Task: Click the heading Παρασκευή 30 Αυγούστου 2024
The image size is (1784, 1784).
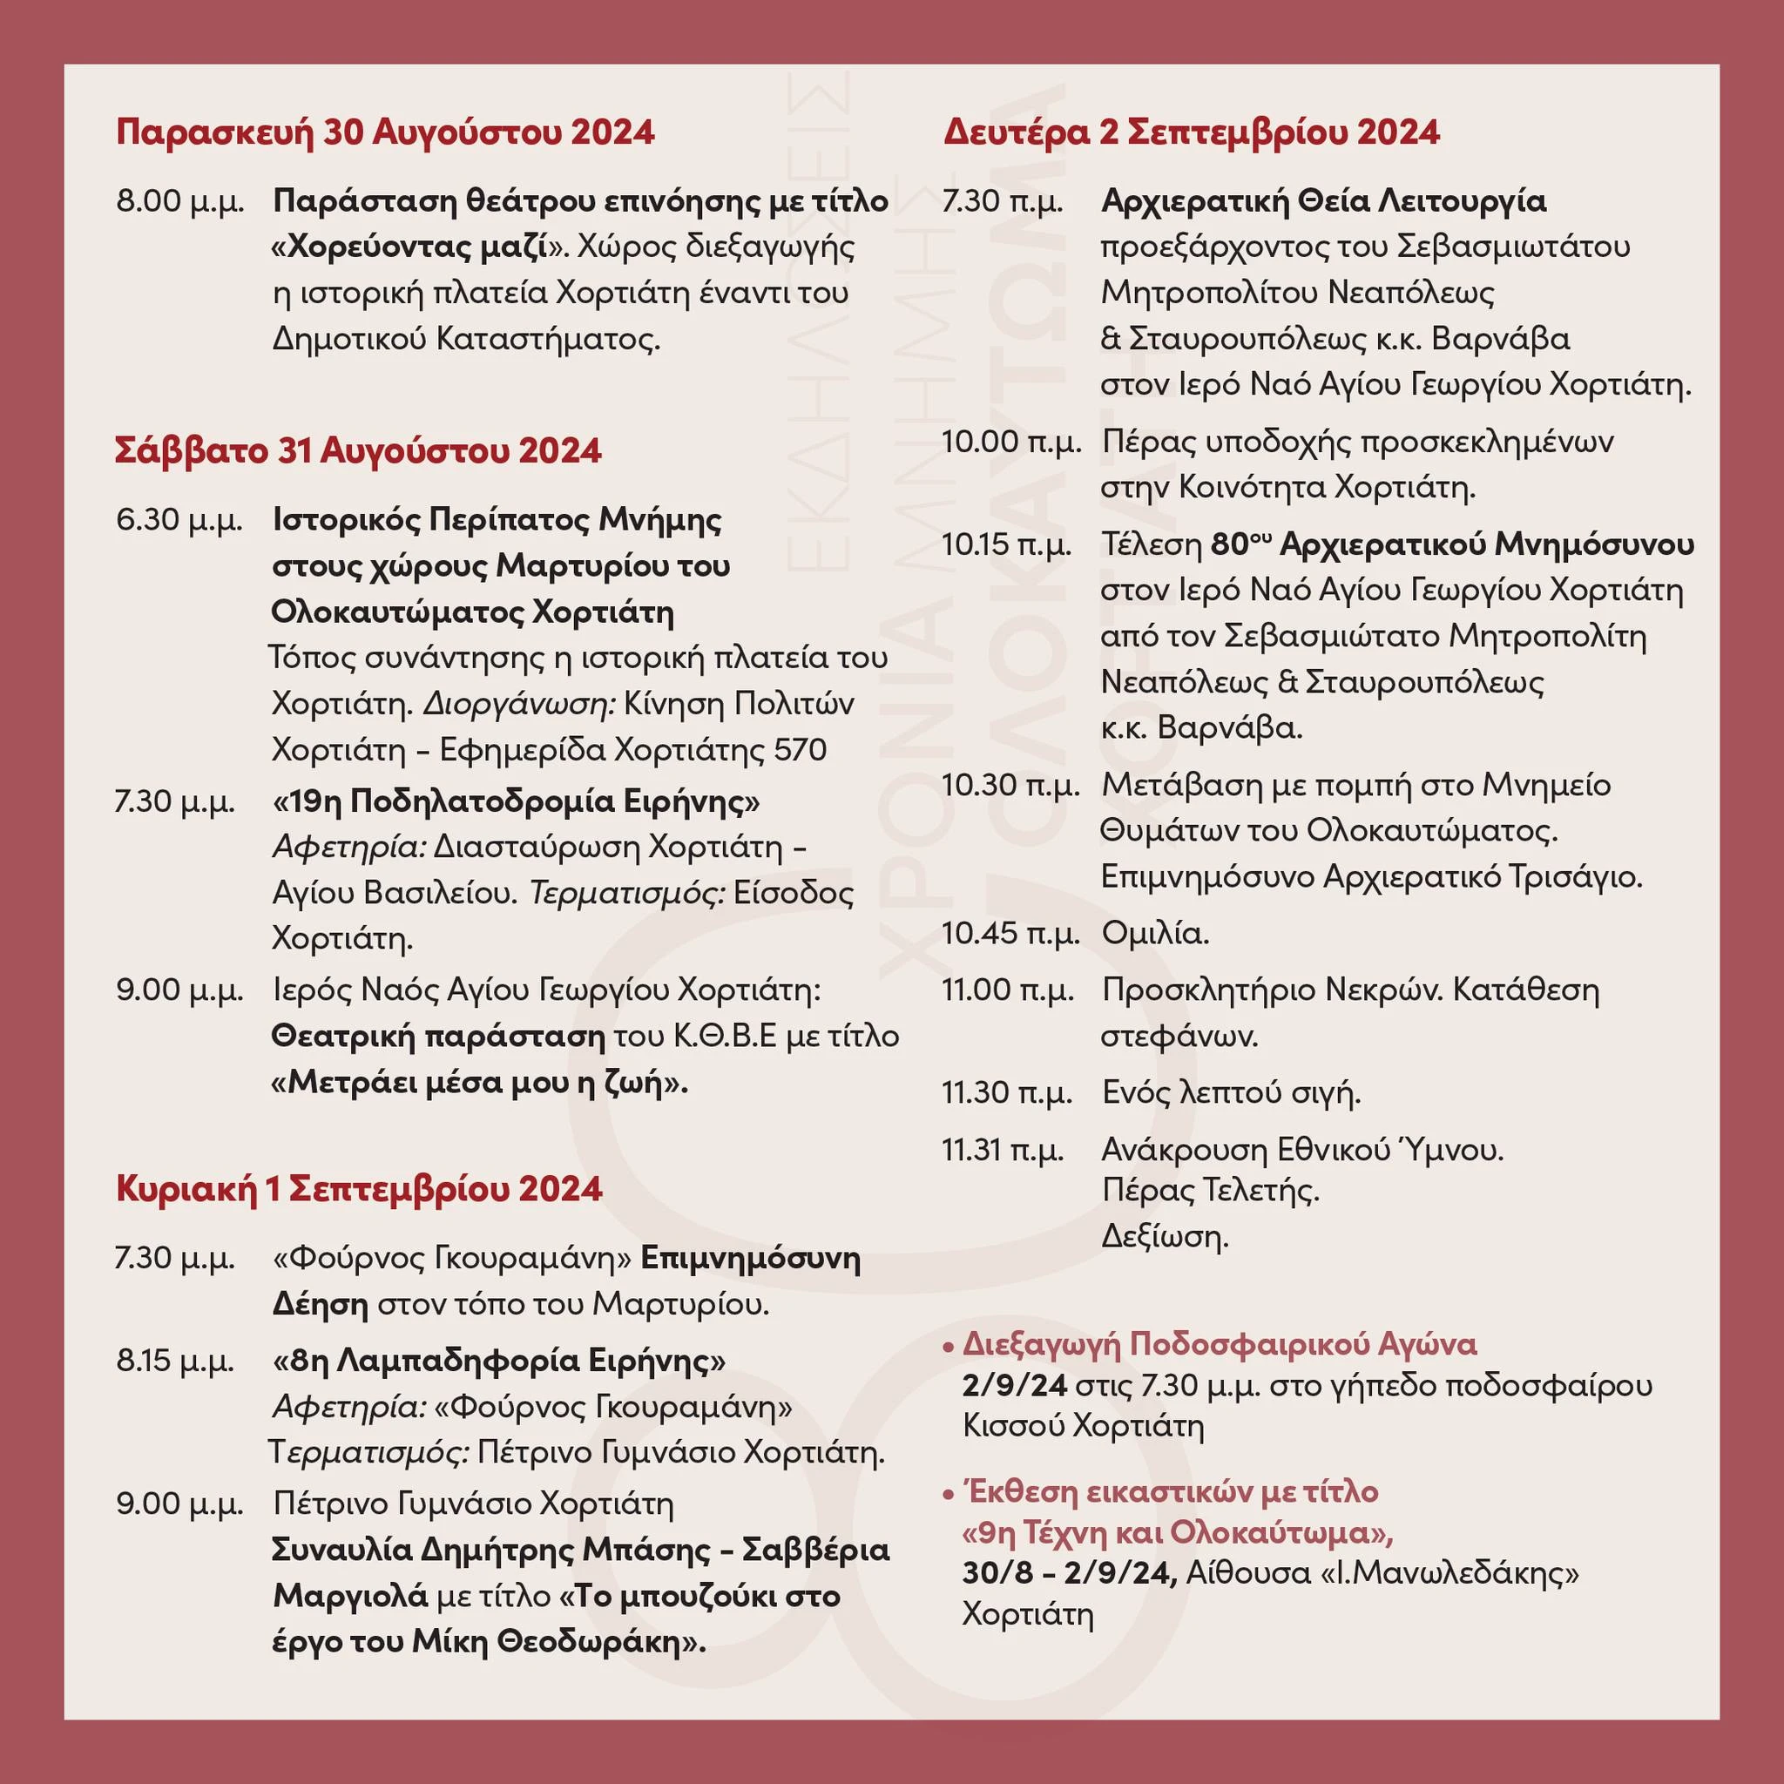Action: (x=385, y=132)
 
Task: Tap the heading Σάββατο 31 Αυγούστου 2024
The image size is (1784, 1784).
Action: (x=358, y=450)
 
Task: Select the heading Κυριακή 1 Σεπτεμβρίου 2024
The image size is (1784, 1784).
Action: (x=359, y=1187)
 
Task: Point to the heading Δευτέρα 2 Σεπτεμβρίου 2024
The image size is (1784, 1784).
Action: (x=1191, y=132)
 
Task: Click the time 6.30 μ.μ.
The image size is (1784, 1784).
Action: (x=179, y=520)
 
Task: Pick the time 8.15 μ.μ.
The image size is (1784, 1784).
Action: (x=175, y=1360)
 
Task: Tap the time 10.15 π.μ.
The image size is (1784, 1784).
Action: (x=1006, y=544)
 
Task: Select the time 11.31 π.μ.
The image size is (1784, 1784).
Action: (x=1003, y=1151)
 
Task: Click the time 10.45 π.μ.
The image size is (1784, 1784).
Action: (x=1010, y=934)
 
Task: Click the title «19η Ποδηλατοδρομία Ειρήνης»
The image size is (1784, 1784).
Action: (x=517, y=801)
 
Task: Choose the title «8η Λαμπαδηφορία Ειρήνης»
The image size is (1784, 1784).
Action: (x=499, y=1360)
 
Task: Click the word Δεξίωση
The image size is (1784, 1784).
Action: (x=1165, y=1236)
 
